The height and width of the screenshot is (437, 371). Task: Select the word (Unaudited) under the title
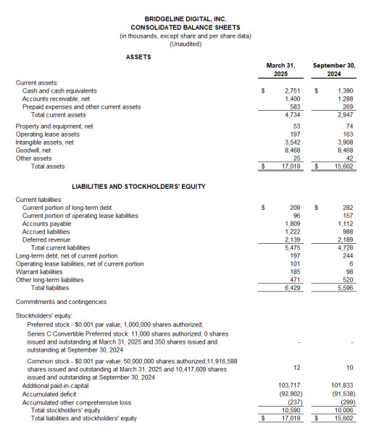pyautogui.click(x=185, y=44)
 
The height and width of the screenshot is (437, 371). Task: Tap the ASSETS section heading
pyautogui.click(x=139, y=56)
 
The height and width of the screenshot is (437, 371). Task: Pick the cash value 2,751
pyautogui.click(x=292, y=91)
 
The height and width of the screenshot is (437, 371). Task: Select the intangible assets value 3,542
pyautogui.click(x=292, y=143)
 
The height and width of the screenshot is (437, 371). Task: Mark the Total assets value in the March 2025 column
pyautogui.click(x=290, y=166)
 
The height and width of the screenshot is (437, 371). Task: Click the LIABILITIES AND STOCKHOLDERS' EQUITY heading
pyautogui.click(x=138, y=187)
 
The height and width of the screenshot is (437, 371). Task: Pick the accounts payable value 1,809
pyautogui.click(x=292, y=224)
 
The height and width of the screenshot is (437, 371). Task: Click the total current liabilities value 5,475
pyautogui.click(x=292, y=247)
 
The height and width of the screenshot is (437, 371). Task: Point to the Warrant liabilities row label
pyautogui.click(x=42, y=271)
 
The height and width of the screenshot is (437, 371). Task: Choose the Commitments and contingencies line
pyautogui.click(x=61, y=302)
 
